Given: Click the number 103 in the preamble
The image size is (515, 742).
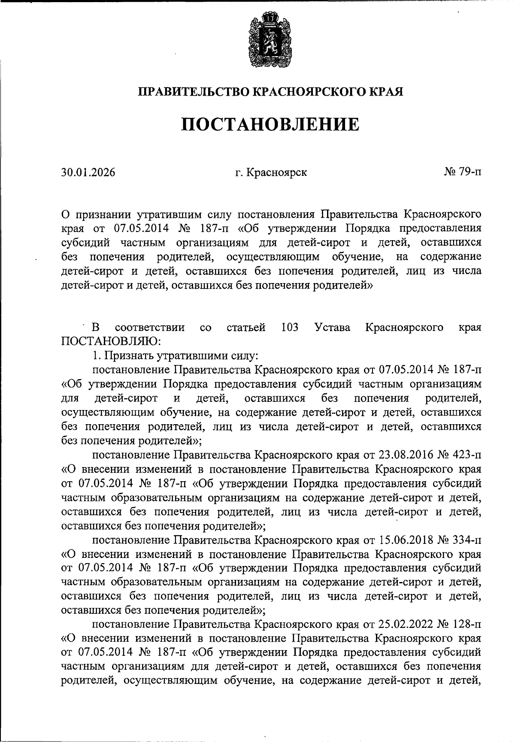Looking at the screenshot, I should (x=290, y=328).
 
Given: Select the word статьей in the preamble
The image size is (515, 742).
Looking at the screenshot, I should (x=245, y=328).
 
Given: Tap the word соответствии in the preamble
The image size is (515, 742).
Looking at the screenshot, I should (x=150, y=328).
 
